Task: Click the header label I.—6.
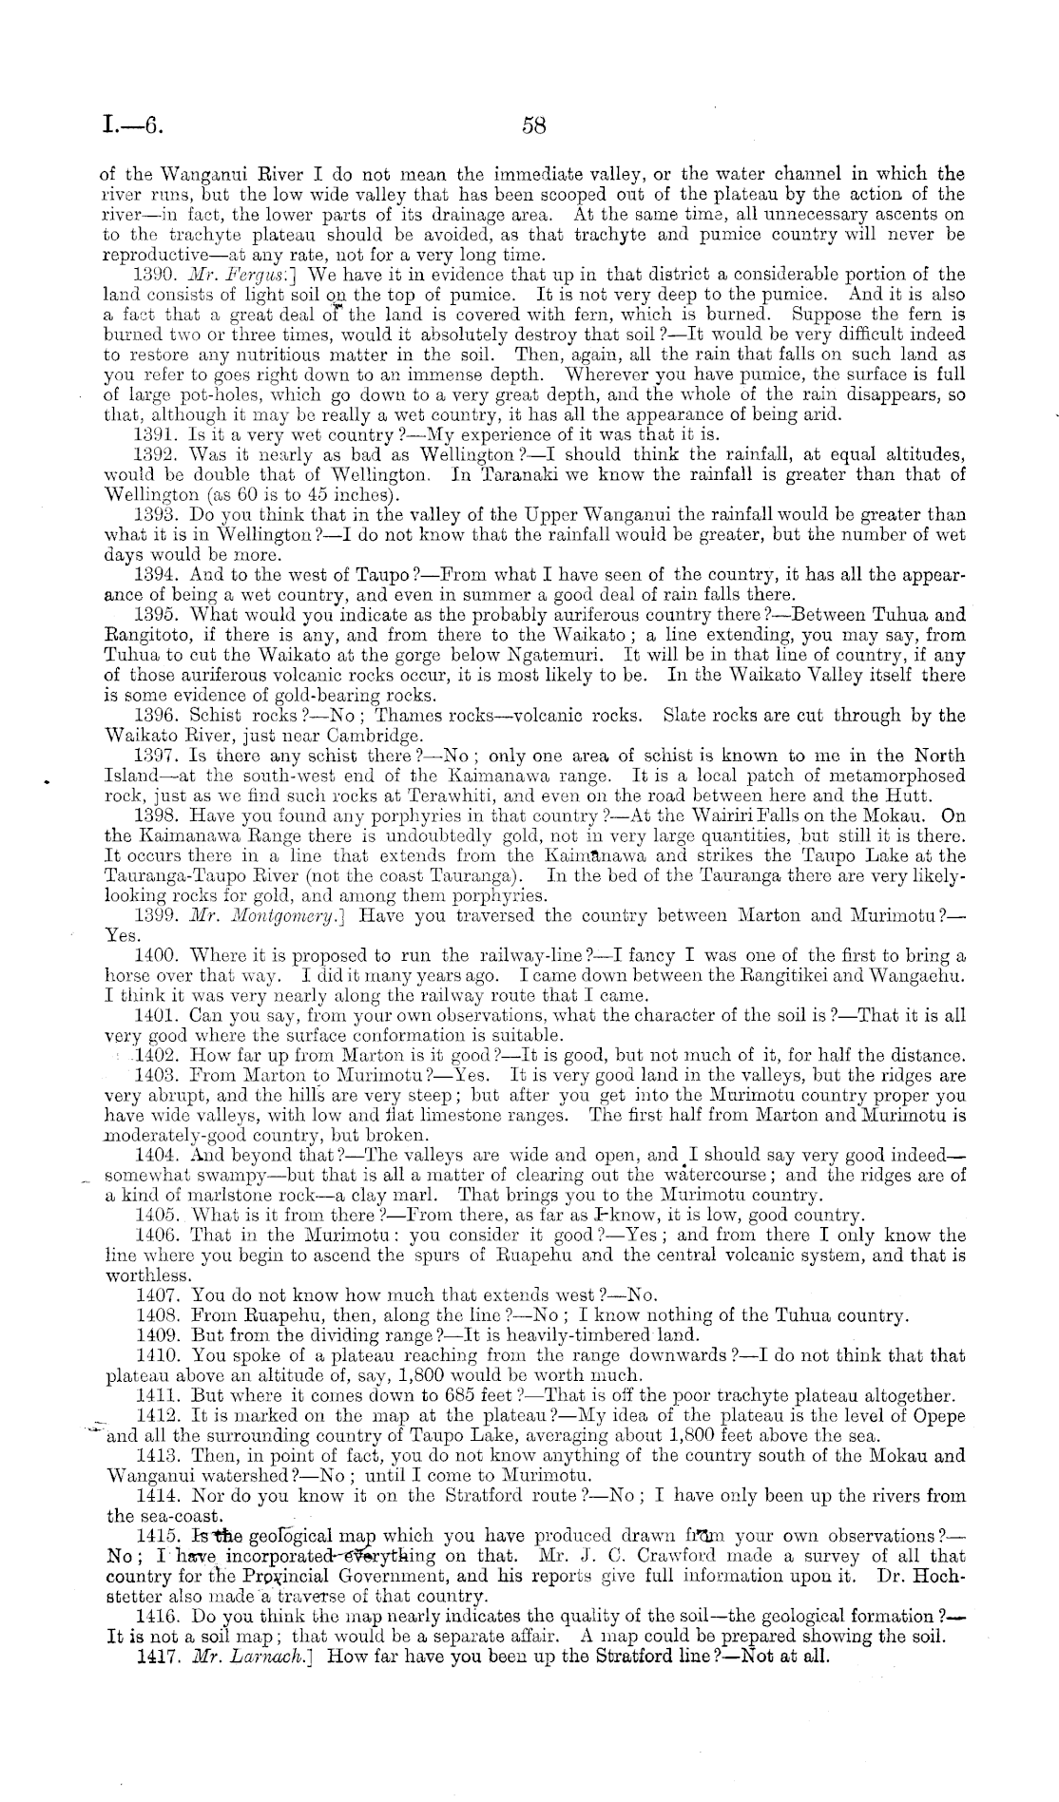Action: [x=134, y=125]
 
